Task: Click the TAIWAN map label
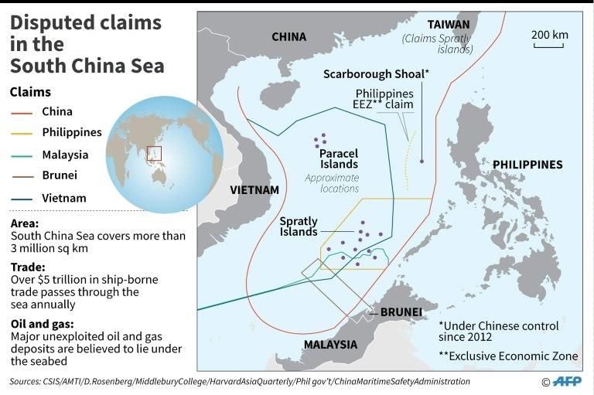click(x=448, y=24)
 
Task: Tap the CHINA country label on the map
click(x=288, y=36)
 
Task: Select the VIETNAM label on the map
click(x=254, y=189)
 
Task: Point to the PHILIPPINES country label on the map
click(x=527, y=165)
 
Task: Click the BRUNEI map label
click(x=401, y=312)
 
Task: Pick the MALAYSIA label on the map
click(x=330, y=344)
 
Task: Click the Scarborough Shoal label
click(x=376, y=73)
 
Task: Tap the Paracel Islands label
click(x=339, y=158)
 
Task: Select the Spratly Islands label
click(x=299, y=226)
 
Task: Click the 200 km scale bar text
click(x=549, y=35)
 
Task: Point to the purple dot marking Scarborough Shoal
click(x=422, y=161)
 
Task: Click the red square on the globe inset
click(x=154, y=153)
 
